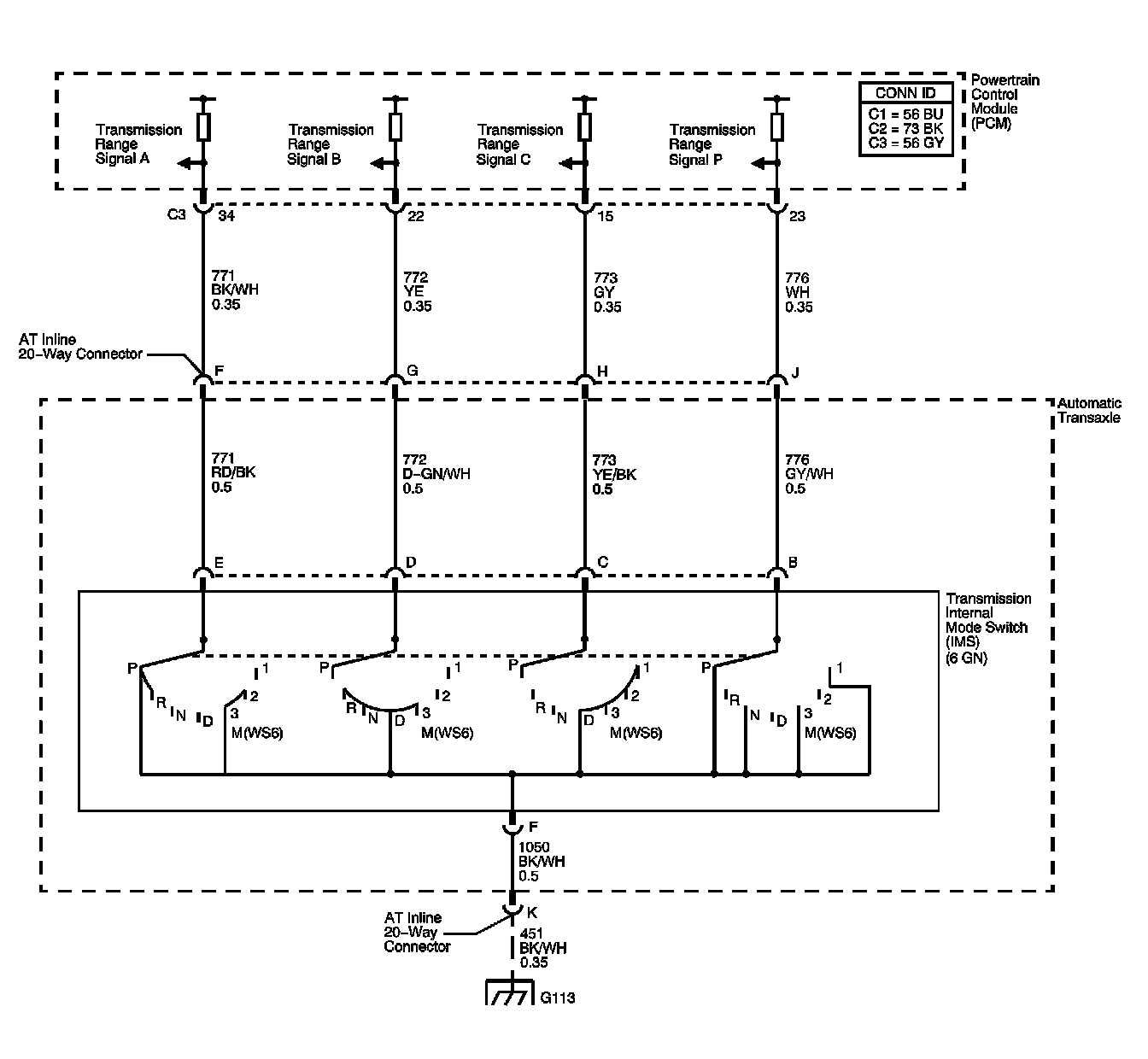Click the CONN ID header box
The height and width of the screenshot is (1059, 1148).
[x=905, y=93]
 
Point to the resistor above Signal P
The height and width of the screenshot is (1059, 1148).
[x=776, y=126]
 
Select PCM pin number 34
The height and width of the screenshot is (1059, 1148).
[x=226, y=216]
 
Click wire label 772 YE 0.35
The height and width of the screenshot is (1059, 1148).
[x=417, y=292]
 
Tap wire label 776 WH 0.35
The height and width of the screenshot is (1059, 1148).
[x=799, y=292]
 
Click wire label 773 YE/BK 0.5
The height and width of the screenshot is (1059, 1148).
[x=614, y=474]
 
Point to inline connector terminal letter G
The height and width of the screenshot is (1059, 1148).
[x=413, y=372]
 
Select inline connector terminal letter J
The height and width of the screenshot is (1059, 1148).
[x=795, y=372]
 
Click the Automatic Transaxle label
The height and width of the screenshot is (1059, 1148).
[x=1088, y=410]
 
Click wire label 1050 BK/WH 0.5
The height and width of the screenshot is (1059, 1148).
[x=541, y=861]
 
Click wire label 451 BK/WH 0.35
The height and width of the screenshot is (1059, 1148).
[x=542, y=947]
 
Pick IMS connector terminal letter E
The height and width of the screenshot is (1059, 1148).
[x=220, y=562]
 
